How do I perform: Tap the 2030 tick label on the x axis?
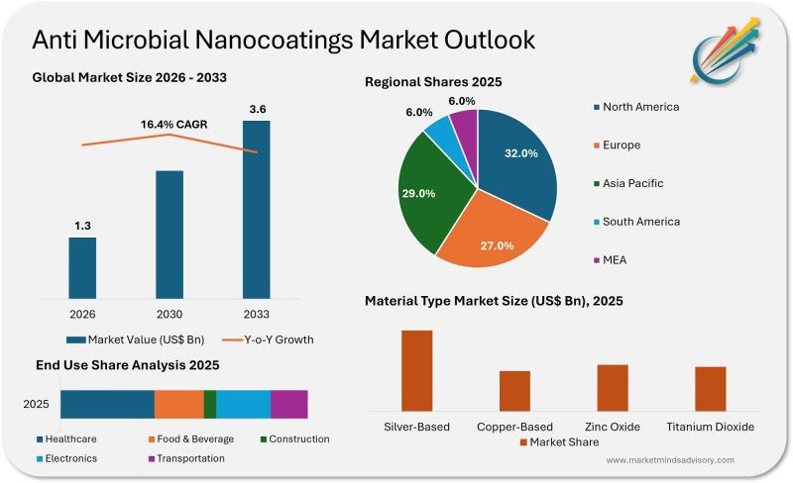[x=170, y=314]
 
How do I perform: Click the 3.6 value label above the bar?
[x=256, y=109]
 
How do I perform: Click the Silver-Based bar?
[x=416, y=369]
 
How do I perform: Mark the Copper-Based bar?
[x=514, y=390]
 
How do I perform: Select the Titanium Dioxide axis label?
[x=710, y=427]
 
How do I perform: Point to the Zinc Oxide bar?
[x=613, y=387]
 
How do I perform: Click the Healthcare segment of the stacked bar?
[x=107, y=404]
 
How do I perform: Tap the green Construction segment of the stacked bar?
[x=210, y=404]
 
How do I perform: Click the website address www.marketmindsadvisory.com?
[x=670, y=460]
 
